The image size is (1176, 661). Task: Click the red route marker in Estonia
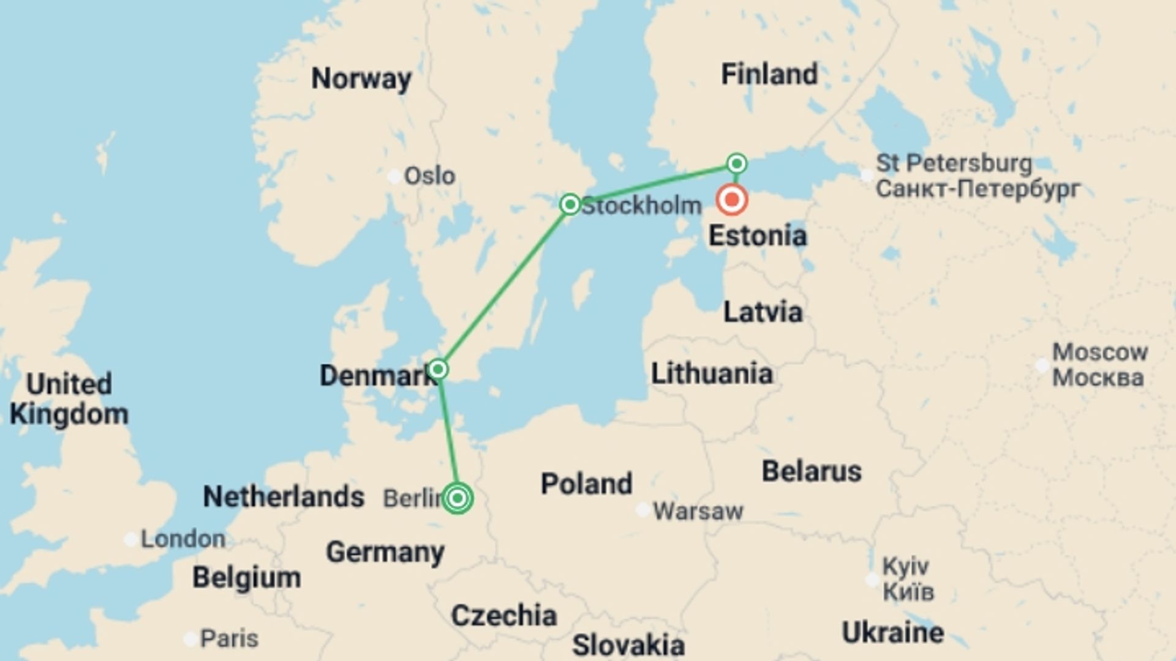point(732,200)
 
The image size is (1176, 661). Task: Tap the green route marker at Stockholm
point(570,204)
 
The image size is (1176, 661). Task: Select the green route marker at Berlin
point(458,498)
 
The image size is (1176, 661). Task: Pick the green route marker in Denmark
point(438,369)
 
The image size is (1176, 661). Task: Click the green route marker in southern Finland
point(737,163)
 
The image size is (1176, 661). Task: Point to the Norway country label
point(361,79)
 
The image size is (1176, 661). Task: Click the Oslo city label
point(429,176)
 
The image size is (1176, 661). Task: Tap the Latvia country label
point(763,312)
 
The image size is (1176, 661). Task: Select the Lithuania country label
point(712,373)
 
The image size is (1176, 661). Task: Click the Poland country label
point(586,484)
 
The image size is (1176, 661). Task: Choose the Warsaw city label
point(698,511)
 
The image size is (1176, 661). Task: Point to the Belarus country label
point(812,471)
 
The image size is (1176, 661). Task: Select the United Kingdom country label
point(69,399)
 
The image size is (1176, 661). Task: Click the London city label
point(183,539)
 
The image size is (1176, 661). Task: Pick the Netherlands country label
point(284,496)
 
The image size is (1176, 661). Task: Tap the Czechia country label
point(503,616)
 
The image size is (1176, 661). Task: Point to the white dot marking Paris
point(191,639)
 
